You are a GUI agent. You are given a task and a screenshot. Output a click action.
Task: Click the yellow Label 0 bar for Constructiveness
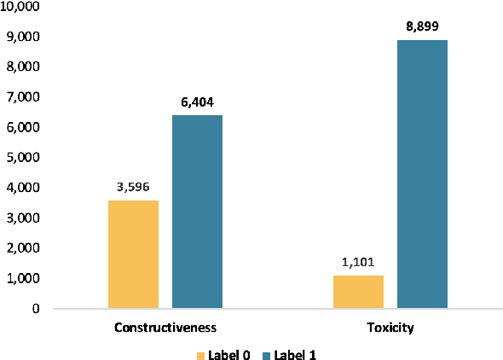pyautogui.click(x=134, y=254)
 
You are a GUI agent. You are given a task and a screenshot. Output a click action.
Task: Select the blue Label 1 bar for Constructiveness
pyautogui.click(x=197, y=212)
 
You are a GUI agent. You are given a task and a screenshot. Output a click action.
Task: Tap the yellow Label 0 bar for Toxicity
pyautogui.click(x=358, y=292)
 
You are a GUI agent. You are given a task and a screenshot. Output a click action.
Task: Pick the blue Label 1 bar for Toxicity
pyautogui.click(x=422, y=174)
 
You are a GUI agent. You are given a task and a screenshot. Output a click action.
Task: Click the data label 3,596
pyautogui.click(x=134, y=187)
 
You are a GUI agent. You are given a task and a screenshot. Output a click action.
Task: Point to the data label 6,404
pyautogui.click(x=197, y=102)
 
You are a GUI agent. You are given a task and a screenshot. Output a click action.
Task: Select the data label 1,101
pyautogui.click(x=358, y=262)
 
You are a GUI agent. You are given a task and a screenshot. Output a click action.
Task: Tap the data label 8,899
pyautogui.click(x=422, y=26)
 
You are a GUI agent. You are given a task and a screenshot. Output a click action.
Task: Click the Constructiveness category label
pyautogui.click(x=165, y=328)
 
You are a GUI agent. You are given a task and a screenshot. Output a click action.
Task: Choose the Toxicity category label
pyautogui.click(x=390, y=328)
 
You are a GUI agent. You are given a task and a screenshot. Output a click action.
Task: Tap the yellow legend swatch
pyautogui.click(x=201, y=353)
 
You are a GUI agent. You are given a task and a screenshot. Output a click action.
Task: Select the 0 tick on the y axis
pyautogui.click(x=36, y=309)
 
